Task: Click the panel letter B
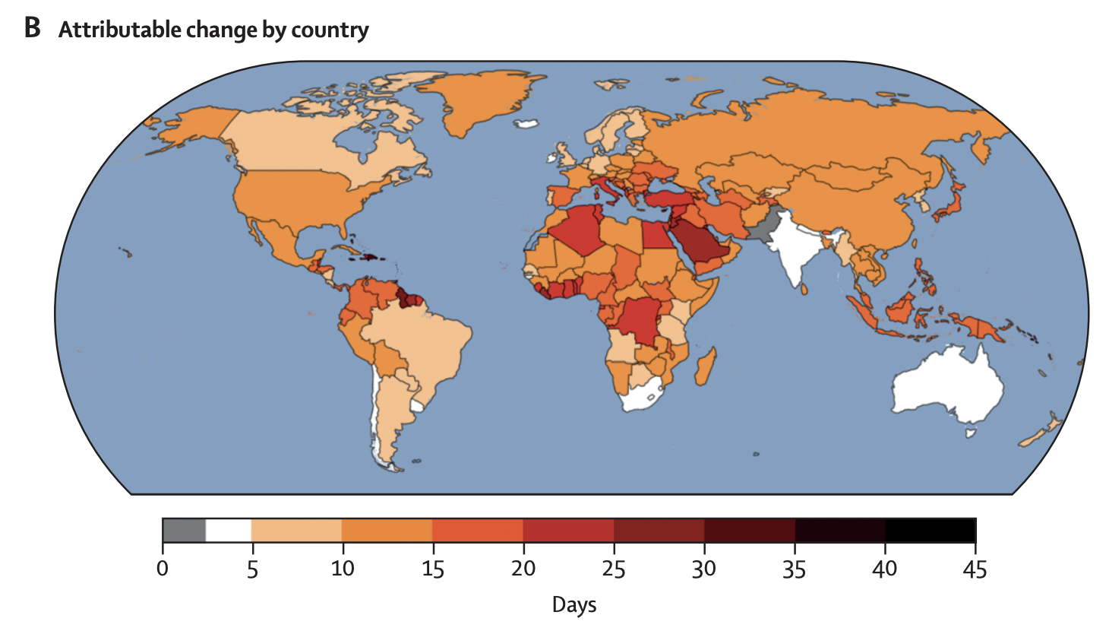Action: point(32,28)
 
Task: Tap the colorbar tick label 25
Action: point(614,569)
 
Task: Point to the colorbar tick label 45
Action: point(975,569)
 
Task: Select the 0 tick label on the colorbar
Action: point(163,569)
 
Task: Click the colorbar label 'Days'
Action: point(574,605)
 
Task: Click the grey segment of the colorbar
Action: point(184,530)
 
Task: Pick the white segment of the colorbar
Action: point(228,530)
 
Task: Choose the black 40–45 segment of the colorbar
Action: point(930,530)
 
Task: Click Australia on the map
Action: point(949,384)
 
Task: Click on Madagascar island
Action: point(706,366)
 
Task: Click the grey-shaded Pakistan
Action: point(763,224)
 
